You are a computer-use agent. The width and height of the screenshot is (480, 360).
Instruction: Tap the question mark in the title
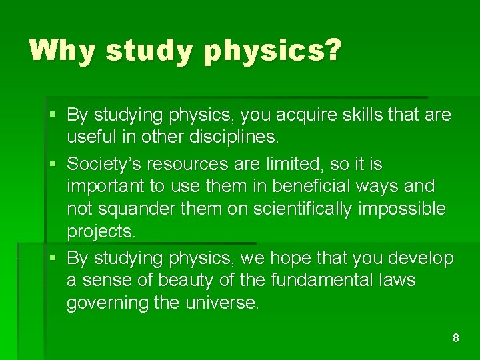331,50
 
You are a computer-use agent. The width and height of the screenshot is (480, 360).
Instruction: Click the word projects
101,232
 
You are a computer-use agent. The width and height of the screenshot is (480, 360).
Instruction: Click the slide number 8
456,338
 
